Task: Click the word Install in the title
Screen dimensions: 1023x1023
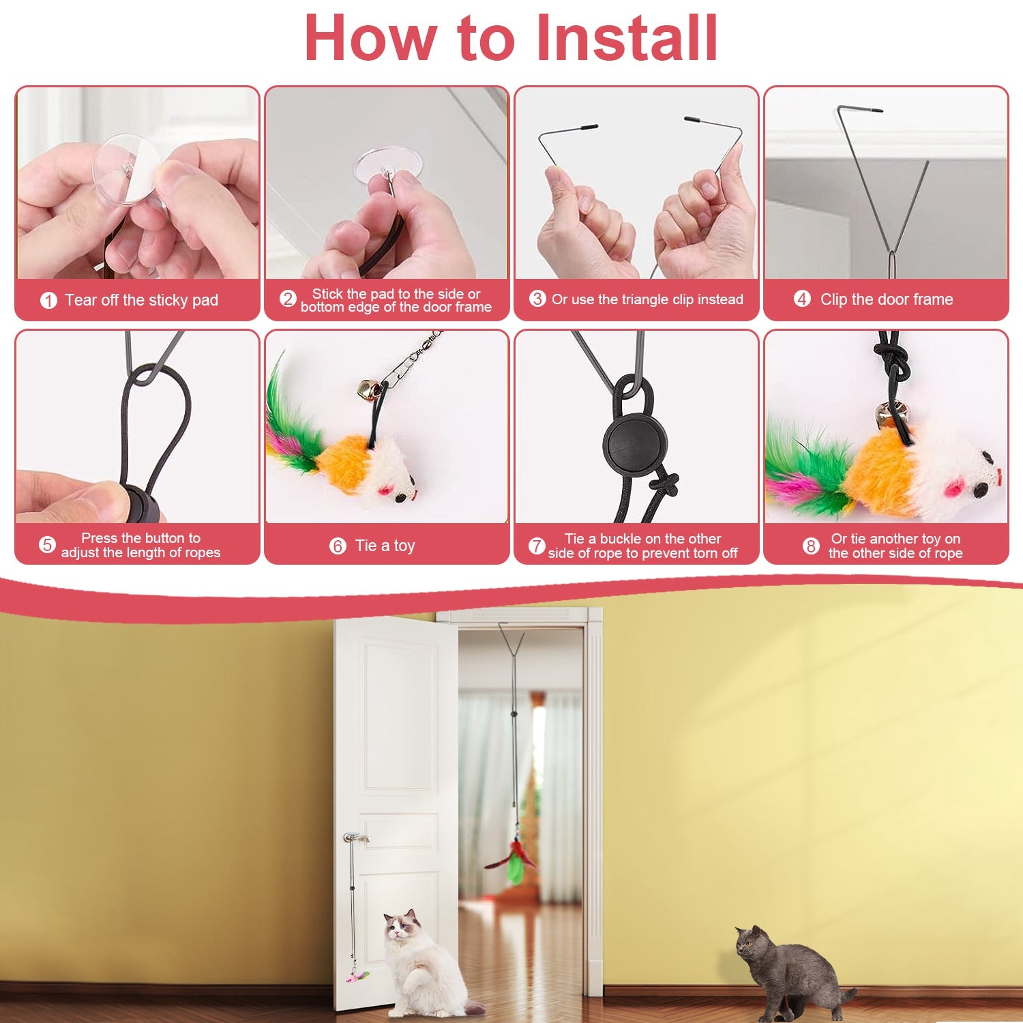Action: click(627, 38)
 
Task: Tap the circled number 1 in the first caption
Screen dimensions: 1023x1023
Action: click(48, 300)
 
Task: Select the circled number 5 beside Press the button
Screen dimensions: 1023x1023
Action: click(47, 545)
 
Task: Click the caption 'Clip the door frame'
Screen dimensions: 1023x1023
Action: click(886, 299)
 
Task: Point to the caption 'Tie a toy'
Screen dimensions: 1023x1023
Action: click(385, 546)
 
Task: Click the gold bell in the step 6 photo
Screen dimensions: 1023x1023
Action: click(369, 390)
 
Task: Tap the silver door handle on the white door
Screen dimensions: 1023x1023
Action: click(355, 837)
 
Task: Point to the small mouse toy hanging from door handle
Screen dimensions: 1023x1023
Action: click(357, 977)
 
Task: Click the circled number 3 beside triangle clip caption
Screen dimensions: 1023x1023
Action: click(537, 299)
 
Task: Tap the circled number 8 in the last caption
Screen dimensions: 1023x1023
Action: click(810, 546)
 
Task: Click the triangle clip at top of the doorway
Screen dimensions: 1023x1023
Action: click(511, 641)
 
